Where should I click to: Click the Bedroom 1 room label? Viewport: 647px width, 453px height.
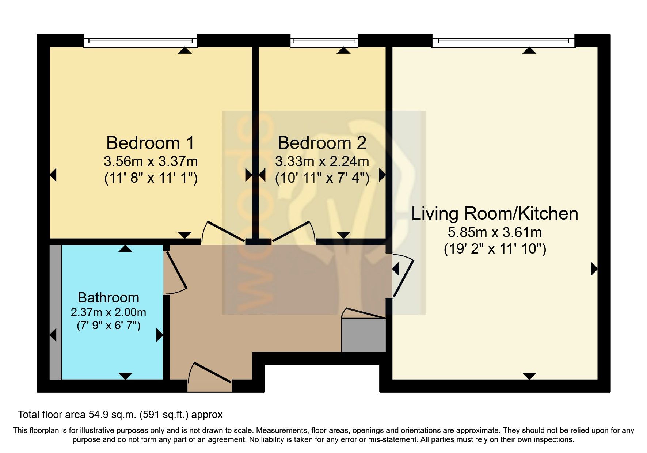coord(150,143)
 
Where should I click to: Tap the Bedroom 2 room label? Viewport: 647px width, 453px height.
coord(321,143)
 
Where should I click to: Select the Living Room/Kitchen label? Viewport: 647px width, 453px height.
coord(495,214)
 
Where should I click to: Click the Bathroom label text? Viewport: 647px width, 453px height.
coord(109,298)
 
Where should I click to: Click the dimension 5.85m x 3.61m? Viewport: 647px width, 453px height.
coord(495,232)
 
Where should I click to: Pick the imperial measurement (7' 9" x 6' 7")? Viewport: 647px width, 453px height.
coord(109,325)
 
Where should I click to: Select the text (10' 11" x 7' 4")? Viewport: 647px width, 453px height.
coord(321,178)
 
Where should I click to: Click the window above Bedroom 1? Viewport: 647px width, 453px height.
coord(140,41)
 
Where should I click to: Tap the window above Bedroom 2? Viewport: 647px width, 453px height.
coord(324,41)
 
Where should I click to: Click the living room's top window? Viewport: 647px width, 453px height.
coord(503,41)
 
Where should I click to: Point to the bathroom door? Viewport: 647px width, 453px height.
coord(175,272)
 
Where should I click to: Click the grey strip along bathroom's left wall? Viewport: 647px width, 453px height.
coord(56,312)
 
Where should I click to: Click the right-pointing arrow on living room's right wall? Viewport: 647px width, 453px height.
coord(594,270)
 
